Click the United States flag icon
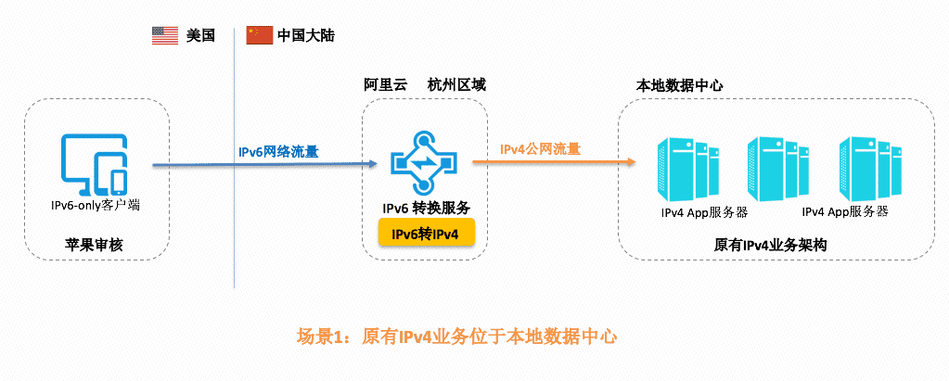click(164, 35)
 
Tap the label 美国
click(200, 36)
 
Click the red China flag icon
click(259, 35)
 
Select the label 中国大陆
click(305, 36)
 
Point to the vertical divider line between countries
click(234, 185)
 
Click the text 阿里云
click(385, 84)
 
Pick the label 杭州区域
click(456, 84)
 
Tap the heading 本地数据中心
click(680, 84)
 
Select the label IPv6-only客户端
click(96, 204)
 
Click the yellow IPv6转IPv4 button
click(426, 233)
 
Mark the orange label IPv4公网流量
click(541, 148)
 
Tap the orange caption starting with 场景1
click(456, 337)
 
